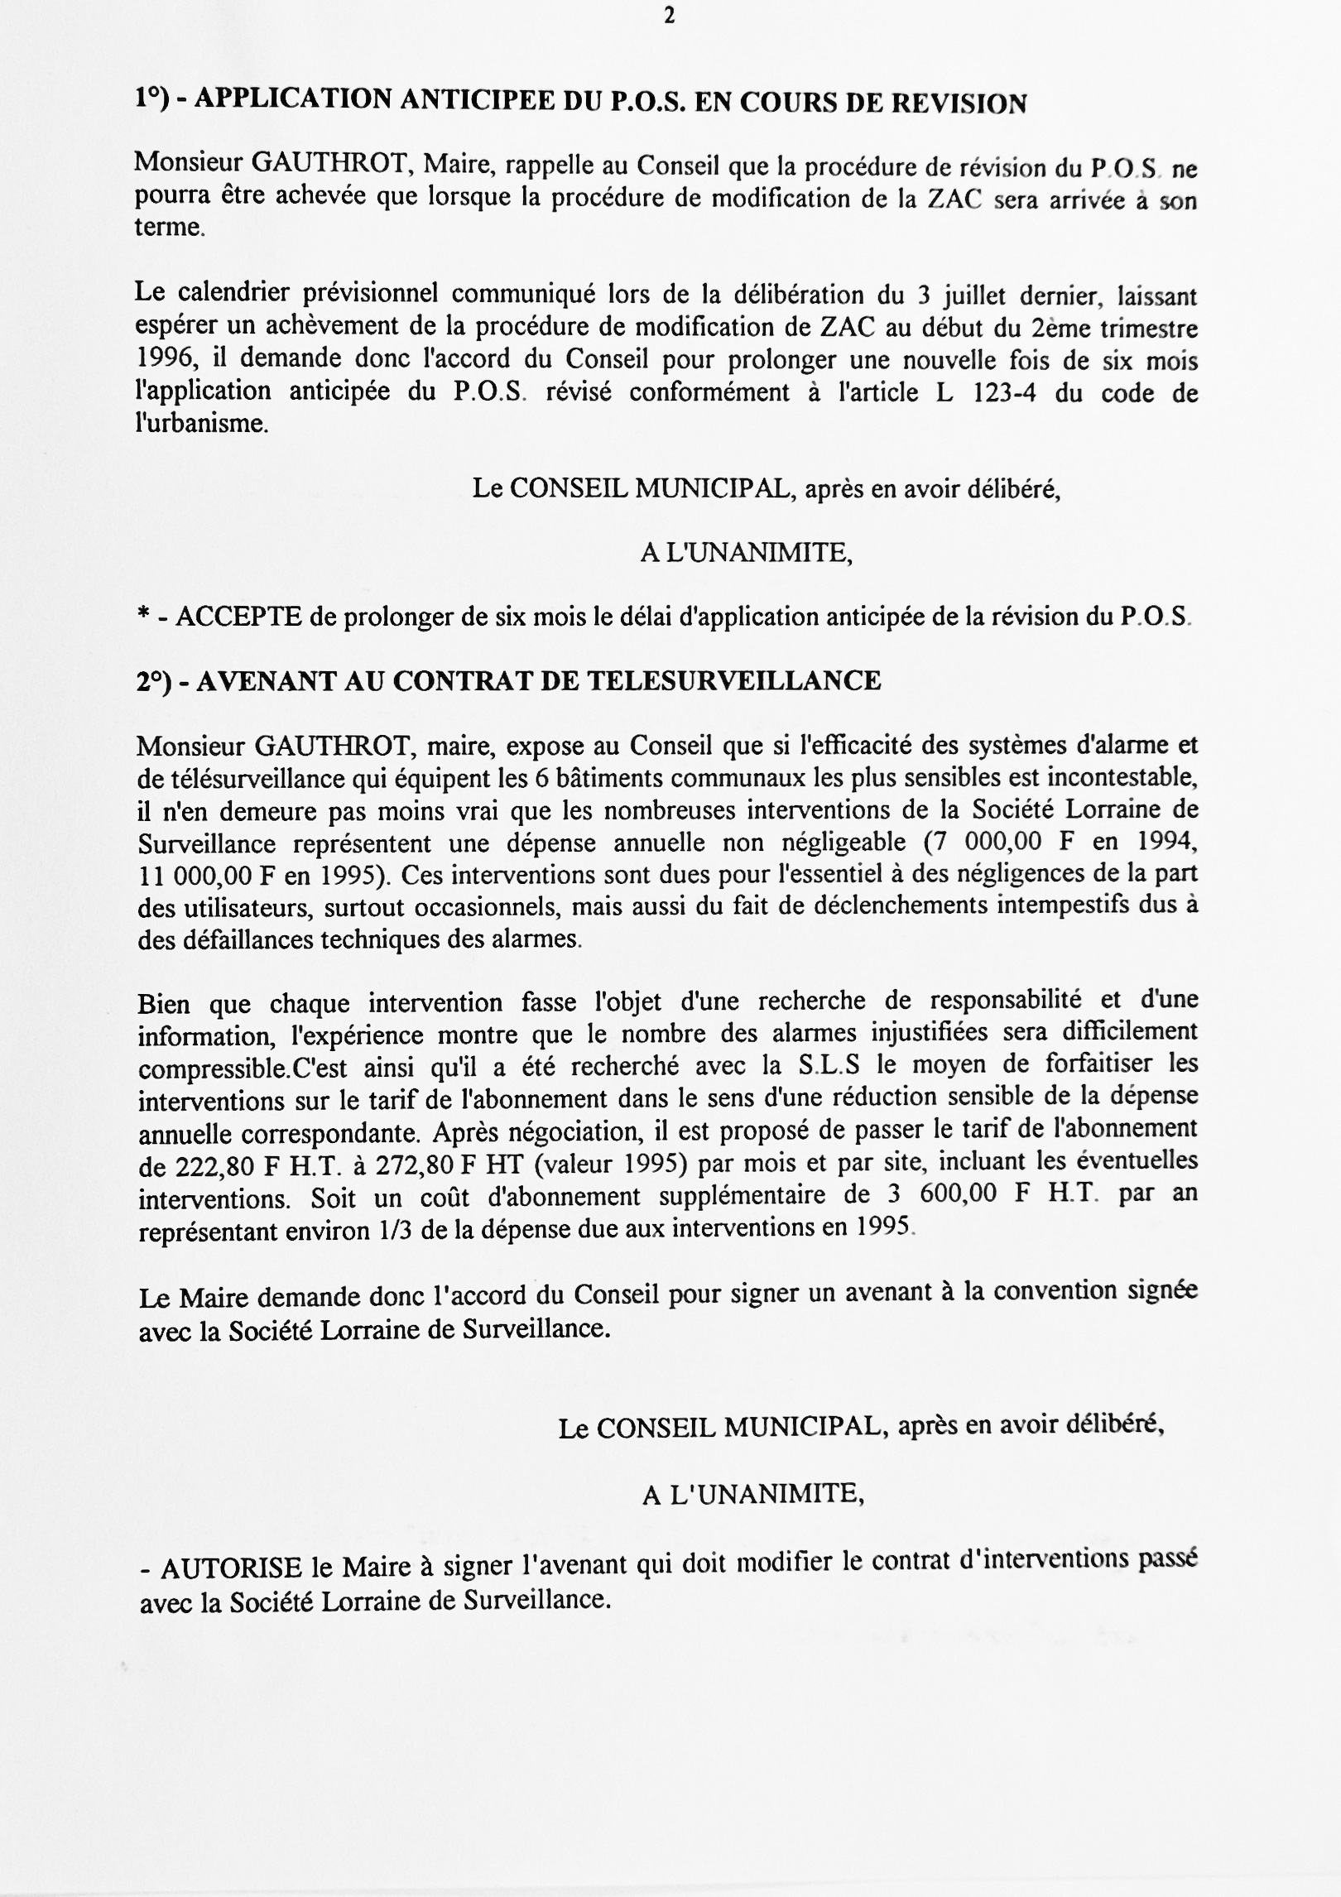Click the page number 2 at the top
pos(670,16)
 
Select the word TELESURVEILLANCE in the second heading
pos(734,680)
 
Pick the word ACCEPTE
pos(238,617)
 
